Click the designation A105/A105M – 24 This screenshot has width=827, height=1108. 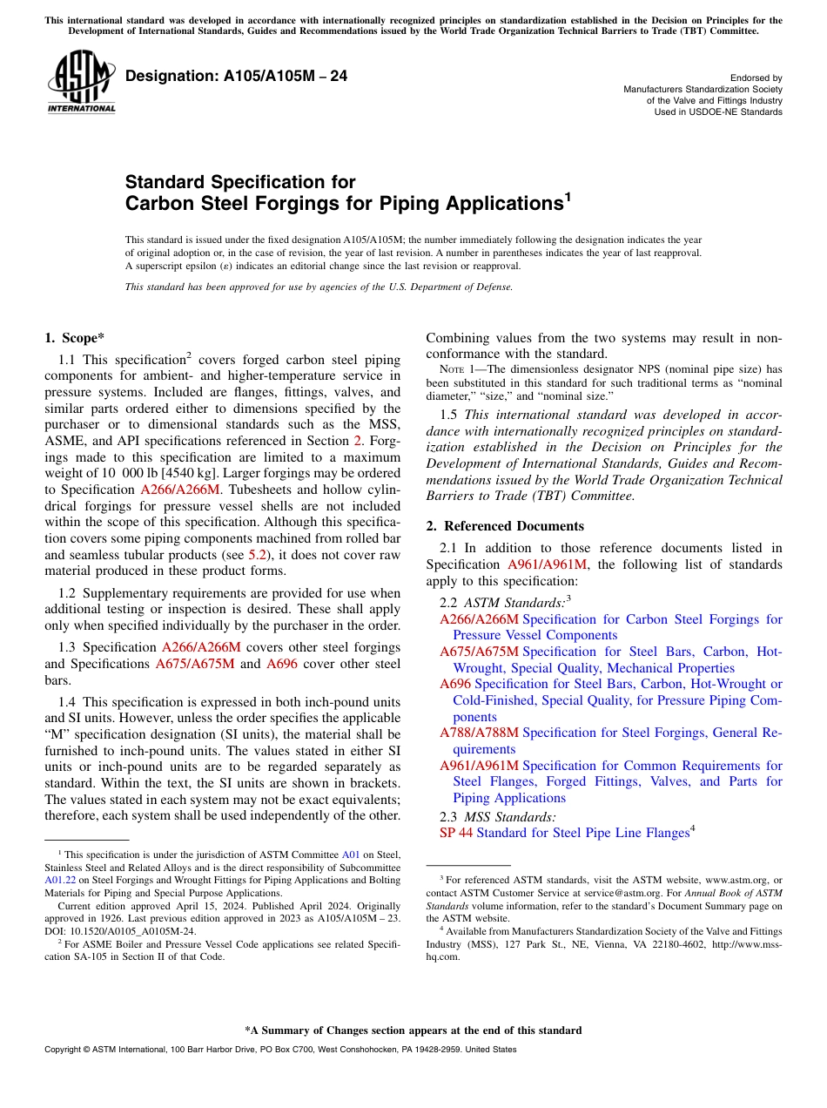coord(237,77)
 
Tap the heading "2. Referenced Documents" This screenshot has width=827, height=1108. coord(505,526)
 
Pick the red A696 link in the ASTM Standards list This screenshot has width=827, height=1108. coord(455,684)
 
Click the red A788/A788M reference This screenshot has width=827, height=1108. coord(479,733)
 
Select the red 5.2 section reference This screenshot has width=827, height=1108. coord(258,554)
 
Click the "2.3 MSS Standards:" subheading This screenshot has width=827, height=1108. coord(497,817)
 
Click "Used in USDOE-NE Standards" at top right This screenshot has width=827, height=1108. coord(718,112)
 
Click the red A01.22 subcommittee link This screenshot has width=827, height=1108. coord(57,881)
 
